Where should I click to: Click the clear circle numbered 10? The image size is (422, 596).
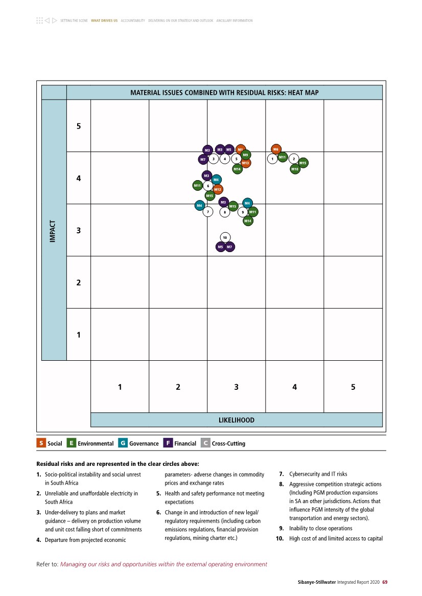point(225,237)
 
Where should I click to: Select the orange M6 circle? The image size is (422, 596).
point(276,149)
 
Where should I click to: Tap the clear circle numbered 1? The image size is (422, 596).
point(272,159)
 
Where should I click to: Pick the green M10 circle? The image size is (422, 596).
point(295,168)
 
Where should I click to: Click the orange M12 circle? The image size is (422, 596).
point(218,189)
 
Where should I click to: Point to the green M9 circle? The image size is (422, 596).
point(246,155)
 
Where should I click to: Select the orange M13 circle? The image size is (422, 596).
point(246,163)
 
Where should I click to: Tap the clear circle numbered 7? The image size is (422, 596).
point(208,211)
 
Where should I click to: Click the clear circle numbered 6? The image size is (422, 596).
point(208,186)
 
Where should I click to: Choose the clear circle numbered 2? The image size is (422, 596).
point(293,159)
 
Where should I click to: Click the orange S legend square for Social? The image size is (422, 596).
point(41,443)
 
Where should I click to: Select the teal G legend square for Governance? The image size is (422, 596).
point(123,443)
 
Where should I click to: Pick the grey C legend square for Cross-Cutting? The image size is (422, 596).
point(205,443)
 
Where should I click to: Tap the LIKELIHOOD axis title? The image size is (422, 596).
point(236,420)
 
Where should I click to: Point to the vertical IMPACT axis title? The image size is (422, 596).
point(53,230)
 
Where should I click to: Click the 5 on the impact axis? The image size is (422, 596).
point(79,126)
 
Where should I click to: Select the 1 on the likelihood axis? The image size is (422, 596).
point(120,387)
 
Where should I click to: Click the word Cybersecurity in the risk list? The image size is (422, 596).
point(303,474)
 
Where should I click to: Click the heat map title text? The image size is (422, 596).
point(224,93)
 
